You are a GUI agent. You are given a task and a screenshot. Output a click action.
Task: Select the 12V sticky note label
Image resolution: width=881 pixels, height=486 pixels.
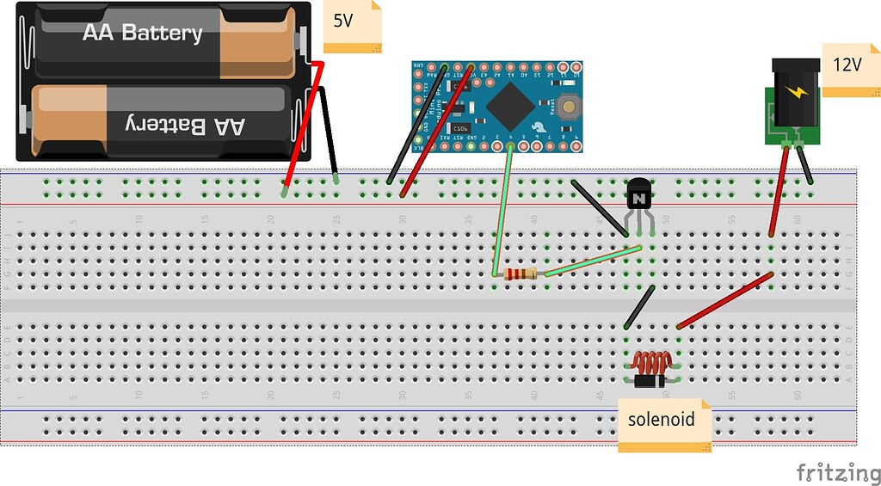850,66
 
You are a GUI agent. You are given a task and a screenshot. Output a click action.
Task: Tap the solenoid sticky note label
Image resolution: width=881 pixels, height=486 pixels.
660,421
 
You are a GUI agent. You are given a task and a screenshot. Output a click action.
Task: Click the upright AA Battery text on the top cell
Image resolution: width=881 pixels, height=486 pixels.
142,34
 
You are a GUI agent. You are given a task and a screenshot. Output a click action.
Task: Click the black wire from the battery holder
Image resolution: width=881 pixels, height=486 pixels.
330,133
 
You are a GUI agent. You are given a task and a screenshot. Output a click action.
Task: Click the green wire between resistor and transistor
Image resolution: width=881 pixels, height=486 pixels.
594,261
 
